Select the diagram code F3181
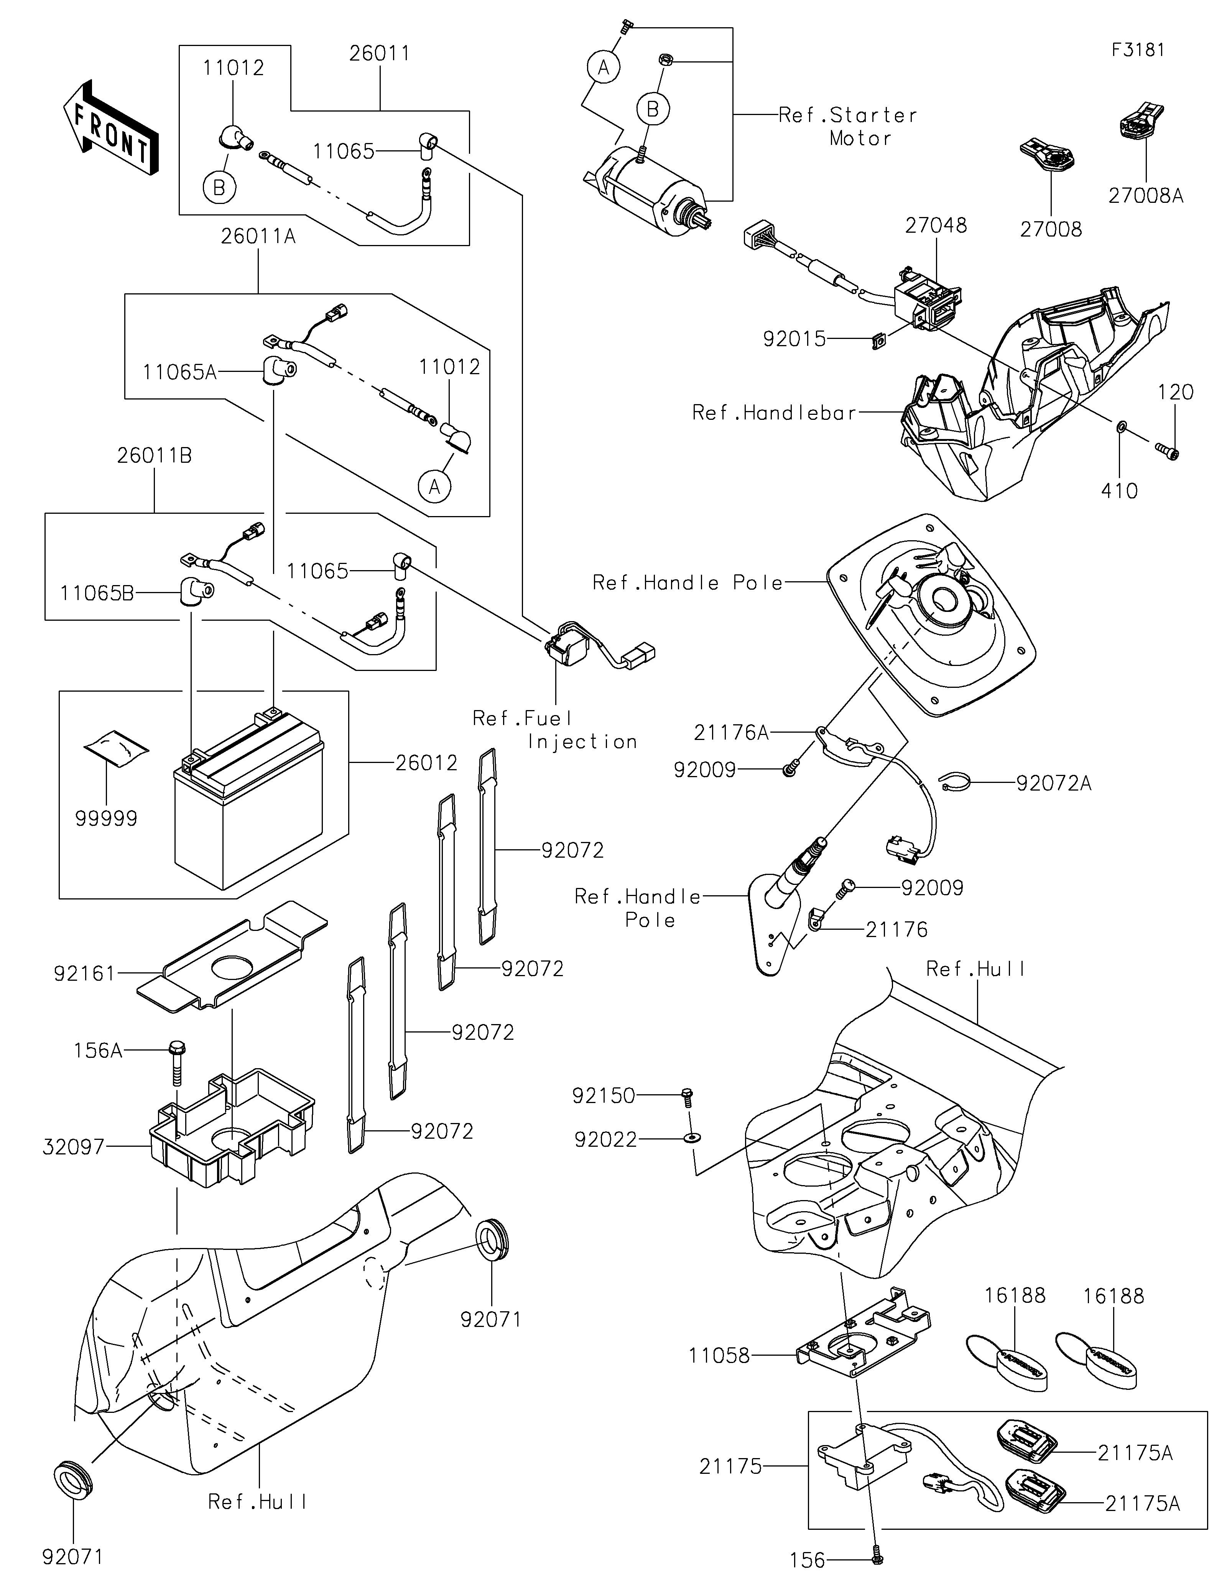tap(1138, 50)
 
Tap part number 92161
tap(85, 973)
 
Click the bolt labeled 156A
tap(176, 1065)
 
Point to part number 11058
tap(720, 1355)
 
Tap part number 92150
tap(604, 1096)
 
